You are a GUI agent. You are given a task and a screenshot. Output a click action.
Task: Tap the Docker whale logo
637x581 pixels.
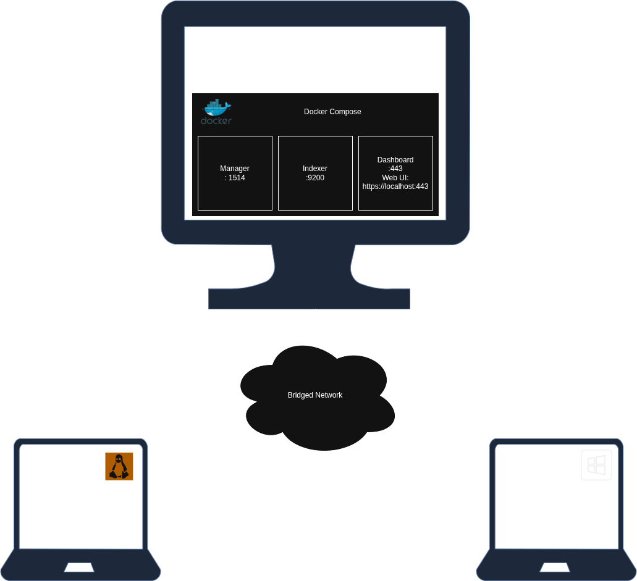click(x=216, y=112)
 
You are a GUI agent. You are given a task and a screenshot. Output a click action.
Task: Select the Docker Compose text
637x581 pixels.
click(x=332, y=112)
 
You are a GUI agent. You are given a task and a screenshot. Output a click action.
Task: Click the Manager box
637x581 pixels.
click(x=235, y=173)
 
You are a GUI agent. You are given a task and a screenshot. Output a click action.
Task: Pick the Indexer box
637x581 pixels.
click(x=315, y=173)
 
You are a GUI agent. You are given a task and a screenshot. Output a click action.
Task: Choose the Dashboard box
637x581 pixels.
click(x=395, y=173)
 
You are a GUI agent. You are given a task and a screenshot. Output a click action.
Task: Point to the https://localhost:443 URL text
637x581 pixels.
click(x=395, y=186)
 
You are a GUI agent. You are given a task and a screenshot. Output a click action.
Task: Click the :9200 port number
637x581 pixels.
click(x=315, y=178)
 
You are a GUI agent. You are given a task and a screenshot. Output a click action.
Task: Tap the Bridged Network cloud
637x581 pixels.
click(x=315, y=395)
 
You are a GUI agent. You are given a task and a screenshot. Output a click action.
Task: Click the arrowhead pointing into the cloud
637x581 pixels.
click(x=315, y=343)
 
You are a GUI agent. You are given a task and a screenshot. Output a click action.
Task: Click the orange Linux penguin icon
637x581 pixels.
click(x=119, y=466)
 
